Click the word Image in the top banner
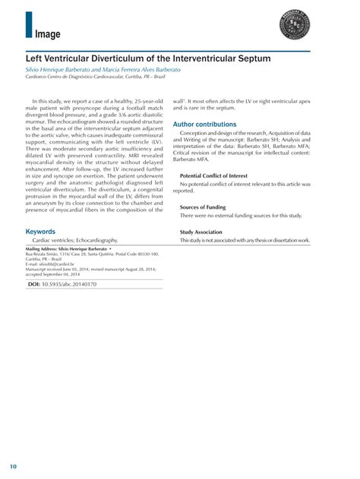pos(47,33)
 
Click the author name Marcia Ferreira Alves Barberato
pos(145,69)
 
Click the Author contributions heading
pos(204,124)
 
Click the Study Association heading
pos(201,232)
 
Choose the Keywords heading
pos(40,232)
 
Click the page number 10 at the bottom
pos(14,465)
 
